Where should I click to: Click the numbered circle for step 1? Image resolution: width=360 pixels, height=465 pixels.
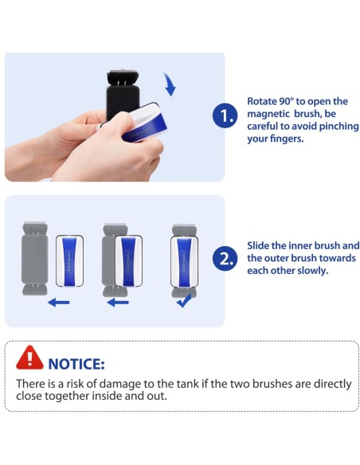click(x=225, y=115)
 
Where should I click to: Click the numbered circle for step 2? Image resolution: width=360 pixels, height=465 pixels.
click(x=225, y=258)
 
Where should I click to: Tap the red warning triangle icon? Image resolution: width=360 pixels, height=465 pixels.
click(x=29, y=358)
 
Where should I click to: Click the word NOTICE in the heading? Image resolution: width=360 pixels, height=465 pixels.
click(x=76, y=364)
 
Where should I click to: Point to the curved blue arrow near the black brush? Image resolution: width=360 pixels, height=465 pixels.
click(x=170, y=84)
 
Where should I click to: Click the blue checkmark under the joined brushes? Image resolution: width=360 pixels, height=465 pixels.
click(x=184, y=300)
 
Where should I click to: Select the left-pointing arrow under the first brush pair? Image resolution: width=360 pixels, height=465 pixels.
click(x=58, y=303)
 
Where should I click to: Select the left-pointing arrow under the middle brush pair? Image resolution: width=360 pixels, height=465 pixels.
click(x=118, y=303)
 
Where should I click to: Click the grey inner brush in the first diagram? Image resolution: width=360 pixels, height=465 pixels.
click(x=35, y=259)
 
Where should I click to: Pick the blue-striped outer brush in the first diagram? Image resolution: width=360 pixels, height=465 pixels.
click(x=69, y=260)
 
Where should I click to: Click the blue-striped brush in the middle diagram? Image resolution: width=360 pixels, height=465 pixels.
click(x=129, y=260)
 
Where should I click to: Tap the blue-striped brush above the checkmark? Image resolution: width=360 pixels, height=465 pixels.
click(x=184, y=262)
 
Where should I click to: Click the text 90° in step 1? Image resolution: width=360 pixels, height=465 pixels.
click(x=286, y=101)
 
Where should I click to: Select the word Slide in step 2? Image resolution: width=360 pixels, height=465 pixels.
click(x=258, y=245)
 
